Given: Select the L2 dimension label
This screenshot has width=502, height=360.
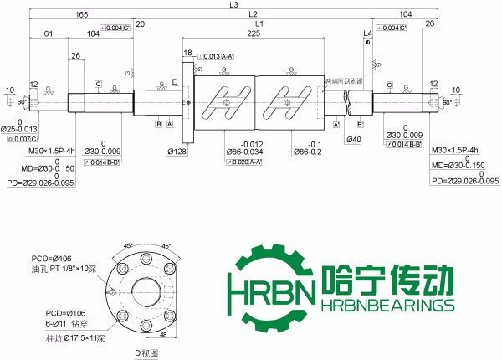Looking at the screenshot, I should click(x=253, y=15).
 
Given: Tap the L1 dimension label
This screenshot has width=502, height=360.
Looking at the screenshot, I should click(x=259, y=24).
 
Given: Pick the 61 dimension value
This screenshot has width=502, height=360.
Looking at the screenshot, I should click(x=48, y=34).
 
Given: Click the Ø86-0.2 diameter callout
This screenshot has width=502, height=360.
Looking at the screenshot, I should click(x=307, y=151).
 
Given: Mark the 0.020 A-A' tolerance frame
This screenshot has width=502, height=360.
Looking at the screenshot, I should click(x=244, y=162).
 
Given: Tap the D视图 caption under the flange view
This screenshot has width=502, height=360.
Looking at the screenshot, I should click(x=147, y=354).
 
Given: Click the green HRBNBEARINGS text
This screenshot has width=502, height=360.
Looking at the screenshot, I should click(x=387, y=306).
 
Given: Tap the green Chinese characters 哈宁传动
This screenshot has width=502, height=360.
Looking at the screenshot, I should click(x=387, y=279).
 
